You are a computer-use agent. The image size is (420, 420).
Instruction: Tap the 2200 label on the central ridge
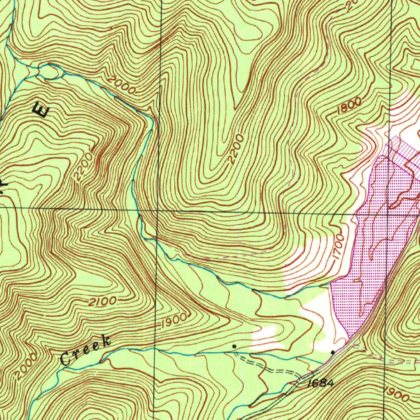237,149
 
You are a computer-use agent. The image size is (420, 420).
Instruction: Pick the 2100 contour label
103,302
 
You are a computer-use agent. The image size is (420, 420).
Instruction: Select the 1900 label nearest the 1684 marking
396,395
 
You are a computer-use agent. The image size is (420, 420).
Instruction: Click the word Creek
85,350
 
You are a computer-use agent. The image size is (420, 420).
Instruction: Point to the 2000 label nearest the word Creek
24,366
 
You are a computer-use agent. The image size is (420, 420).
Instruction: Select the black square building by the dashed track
234,347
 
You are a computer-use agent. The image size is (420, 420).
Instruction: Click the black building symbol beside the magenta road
333,352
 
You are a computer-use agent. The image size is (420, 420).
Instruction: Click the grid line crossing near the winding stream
158,211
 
